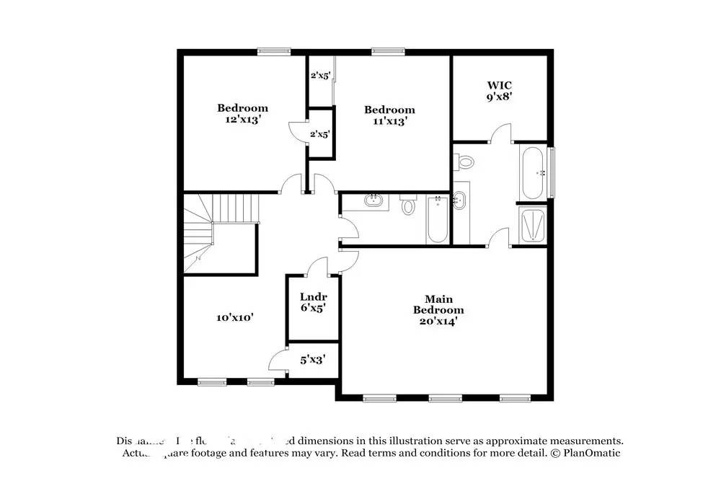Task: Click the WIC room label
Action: (500, 85)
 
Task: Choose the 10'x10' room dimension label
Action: (235, 317)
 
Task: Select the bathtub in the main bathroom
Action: (534, 173)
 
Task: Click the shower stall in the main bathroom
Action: (534, 224)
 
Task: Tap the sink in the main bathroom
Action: (461, 201)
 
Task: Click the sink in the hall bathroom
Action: (373, 201)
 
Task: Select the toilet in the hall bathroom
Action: (408, 206)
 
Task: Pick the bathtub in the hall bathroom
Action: (437, 219)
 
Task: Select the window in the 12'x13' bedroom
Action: (274, 51)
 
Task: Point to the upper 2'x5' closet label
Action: (319, 75)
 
